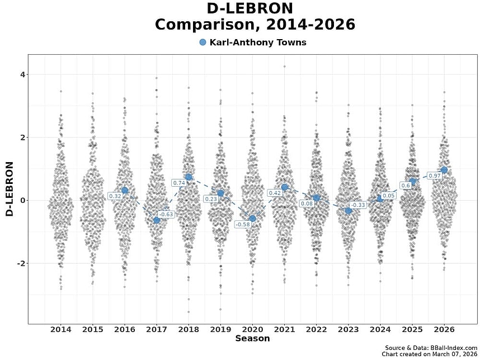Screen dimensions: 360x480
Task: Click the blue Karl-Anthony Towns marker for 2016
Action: coord(125,190)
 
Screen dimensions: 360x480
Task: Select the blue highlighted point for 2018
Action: coord(189,177)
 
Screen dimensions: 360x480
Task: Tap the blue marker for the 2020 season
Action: coord(252,219)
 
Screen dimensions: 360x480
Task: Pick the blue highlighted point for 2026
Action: coord(444,170)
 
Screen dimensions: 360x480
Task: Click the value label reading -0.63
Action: coord(166,214)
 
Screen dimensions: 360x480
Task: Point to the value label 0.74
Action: coord(178,183)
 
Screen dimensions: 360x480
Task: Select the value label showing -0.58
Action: coord(243,224)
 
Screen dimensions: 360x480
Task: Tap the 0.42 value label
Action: coord(275,193)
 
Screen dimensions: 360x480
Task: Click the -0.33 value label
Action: coord(358,205)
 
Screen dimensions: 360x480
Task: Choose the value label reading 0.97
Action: coord(434,176)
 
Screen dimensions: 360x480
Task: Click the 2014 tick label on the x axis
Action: coord(61,330)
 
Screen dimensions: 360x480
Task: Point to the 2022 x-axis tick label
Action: coord(316,330)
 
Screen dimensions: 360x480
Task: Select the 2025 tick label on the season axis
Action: coord(412,330)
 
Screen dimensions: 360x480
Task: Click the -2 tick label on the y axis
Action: coord(21,263)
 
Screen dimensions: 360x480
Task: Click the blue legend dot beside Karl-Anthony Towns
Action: coord(203,42)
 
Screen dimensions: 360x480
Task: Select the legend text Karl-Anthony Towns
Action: coord(258,42)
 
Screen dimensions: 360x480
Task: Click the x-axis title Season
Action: coord(252,339)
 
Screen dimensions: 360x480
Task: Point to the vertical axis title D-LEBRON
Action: coord(10,189)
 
